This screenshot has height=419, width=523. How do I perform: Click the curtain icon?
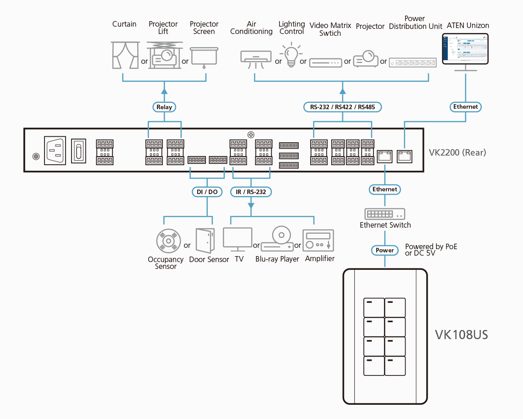(x=125, y=55)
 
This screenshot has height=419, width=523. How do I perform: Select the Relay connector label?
(x=164, y=107)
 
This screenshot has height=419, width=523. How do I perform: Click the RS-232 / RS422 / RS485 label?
(x=342, y=107)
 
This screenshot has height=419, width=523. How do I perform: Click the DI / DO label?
(x=207, y=192)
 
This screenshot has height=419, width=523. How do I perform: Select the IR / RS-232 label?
(x=251, y=192)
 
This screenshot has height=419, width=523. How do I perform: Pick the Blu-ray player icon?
(x=277, y=240)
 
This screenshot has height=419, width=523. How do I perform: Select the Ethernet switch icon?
(x=385, y=214)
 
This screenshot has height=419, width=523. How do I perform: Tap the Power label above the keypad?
(x=384, y=250)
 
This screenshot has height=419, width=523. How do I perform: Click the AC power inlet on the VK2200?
(x=55, y=150)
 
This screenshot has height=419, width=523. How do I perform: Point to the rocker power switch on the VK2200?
(x=78, y=150)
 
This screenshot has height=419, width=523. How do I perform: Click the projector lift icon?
(x=162, y=55)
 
